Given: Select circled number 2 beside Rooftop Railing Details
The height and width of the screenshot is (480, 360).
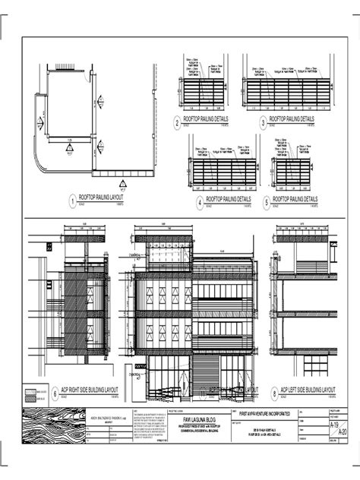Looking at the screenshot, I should (177, 122).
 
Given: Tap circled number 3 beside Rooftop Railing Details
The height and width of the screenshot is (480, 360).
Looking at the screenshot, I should (263, 122).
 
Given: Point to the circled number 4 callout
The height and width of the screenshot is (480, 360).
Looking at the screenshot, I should (199, 202).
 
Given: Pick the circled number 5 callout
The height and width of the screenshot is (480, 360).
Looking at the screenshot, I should (267, 202).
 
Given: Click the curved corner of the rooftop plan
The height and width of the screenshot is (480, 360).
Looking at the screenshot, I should (43, 160).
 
